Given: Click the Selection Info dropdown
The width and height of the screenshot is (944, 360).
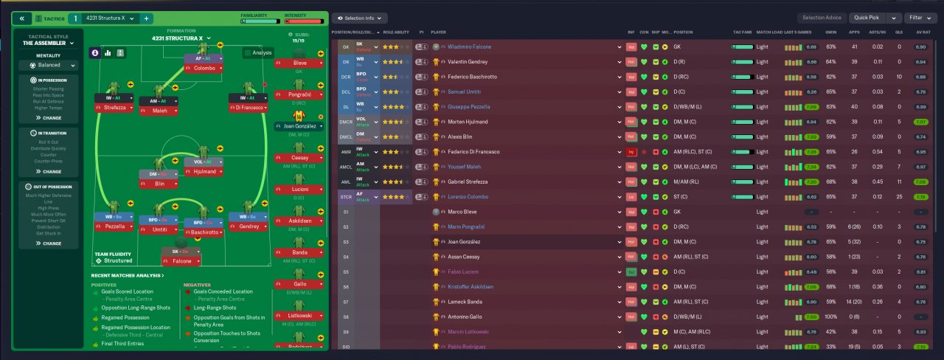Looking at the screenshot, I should coord(360,18).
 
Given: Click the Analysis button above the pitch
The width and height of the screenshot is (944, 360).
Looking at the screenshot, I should coord(258,52).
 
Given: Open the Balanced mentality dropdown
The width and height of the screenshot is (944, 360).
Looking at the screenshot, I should coord(50,65).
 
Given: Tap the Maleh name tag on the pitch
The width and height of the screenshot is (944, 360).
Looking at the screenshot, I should coord(159,111).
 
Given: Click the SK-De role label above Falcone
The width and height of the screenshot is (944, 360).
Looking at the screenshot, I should coord(181,251).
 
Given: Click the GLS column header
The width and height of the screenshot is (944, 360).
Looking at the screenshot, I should coord(899,32).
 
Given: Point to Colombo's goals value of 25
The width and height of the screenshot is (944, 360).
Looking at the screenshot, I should coord(899,197).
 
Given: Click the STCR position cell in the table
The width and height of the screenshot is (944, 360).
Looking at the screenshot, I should coord(346,197).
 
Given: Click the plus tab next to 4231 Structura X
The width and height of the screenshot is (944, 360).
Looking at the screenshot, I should coord(146,18).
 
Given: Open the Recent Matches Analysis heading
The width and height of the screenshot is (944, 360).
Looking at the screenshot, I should coord(128,276).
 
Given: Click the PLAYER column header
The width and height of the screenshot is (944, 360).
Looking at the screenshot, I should coord(439,32).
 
